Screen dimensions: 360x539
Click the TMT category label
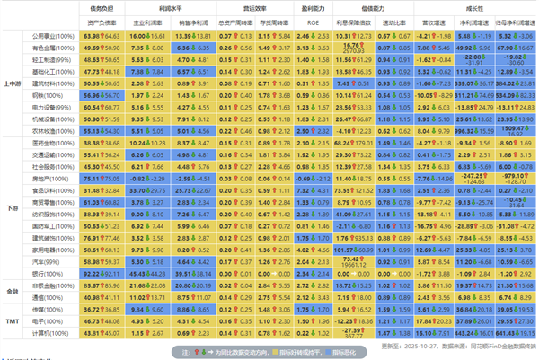click(13, 320)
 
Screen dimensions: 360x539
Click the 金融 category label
click(13, 291)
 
